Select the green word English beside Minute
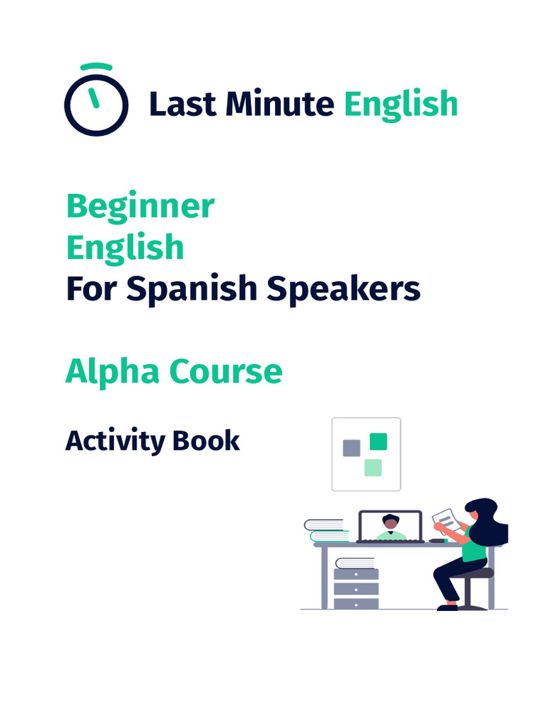[401, 104]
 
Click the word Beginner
[140, 206]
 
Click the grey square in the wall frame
[351, 448]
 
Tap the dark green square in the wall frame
[378, 442]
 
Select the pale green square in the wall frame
[373, 467]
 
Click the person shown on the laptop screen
[390, 527]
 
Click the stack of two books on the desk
[327, 530]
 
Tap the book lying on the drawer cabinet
[355, 563]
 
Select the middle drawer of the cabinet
[356, 588]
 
